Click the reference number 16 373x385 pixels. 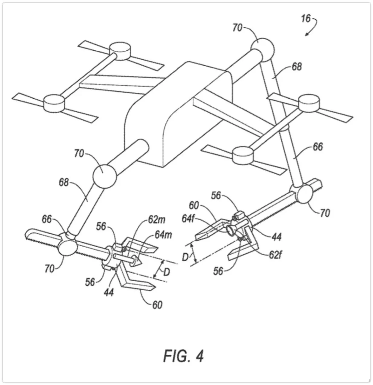306,19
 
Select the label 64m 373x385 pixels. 164,235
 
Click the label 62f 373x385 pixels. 275,255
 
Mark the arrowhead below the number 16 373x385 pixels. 307,34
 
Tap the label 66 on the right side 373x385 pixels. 317,147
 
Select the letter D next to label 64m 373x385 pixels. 166,272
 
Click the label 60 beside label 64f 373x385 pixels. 193,206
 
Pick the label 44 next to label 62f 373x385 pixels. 276,237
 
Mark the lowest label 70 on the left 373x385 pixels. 50,268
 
